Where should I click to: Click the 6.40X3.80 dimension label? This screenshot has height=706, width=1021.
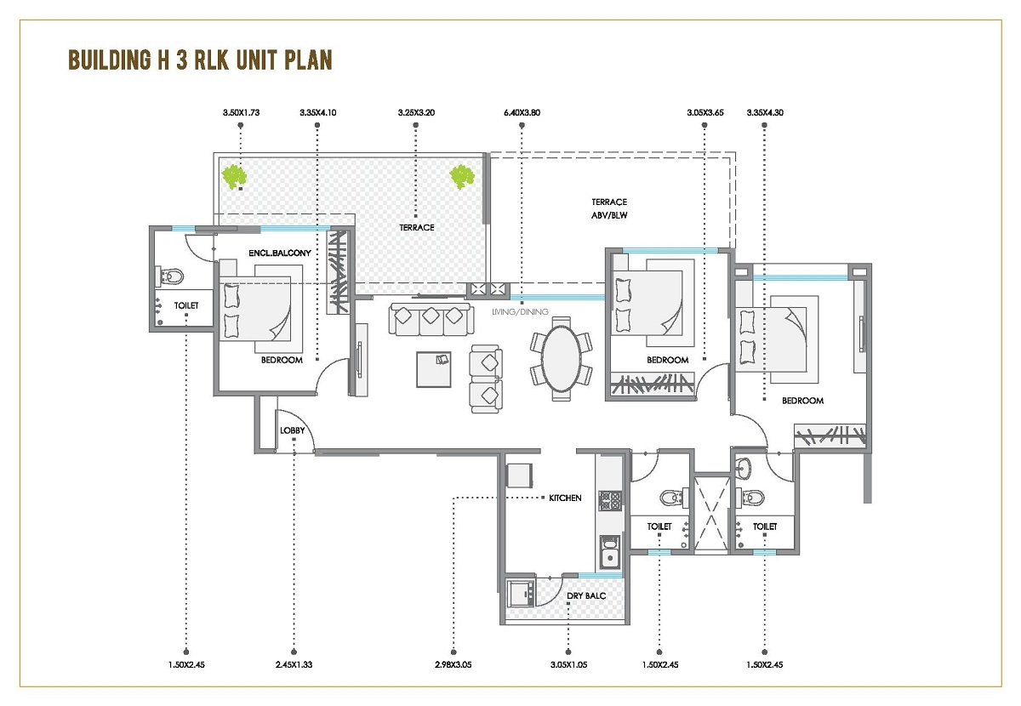click(522, 112)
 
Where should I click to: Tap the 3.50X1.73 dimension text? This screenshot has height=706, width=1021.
click(241, 112)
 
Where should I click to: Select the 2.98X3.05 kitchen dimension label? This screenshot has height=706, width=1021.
click(453, 664)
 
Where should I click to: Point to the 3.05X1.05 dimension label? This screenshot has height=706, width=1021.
click(568, 664)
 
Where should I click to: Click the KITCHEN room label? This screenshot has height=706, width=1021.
click(565, 498)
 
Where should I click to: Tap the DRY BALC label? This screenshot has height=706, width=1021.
click(586, 595)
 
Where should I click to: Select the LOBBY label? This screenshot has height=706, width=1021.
click(292, 430)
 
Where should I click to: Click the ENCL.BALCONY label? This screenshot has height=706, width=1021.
click(280, 253)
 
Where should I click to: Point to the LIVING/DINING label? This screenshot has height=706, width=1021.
click(520, 312)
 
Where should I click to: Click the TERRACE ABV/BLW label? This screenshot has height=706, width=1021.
click(609, 208)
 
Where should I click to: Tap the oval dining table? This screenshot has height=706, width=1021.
click(562, 359)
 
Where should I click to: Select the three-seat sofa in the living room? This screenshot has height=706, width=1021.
click(431, 319)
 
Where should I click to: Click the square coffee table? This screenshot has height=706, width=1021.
click(433, 370)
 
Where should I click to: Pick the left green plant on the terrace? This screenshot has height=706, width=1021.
click(234, 177)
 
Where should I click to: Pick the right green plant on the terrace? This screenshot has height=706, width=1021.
click(462, 177)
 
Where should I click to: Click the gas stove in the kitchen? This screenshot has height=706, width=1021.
click(610, 501)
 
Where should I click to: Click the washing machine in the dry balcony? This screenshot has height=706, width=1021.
click(521, 593)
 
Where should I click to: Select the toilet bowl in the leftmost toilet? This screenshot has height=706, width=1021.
click(169, 276)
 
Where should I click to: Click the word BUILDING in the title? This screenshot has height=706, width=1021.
click(110, 60)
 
